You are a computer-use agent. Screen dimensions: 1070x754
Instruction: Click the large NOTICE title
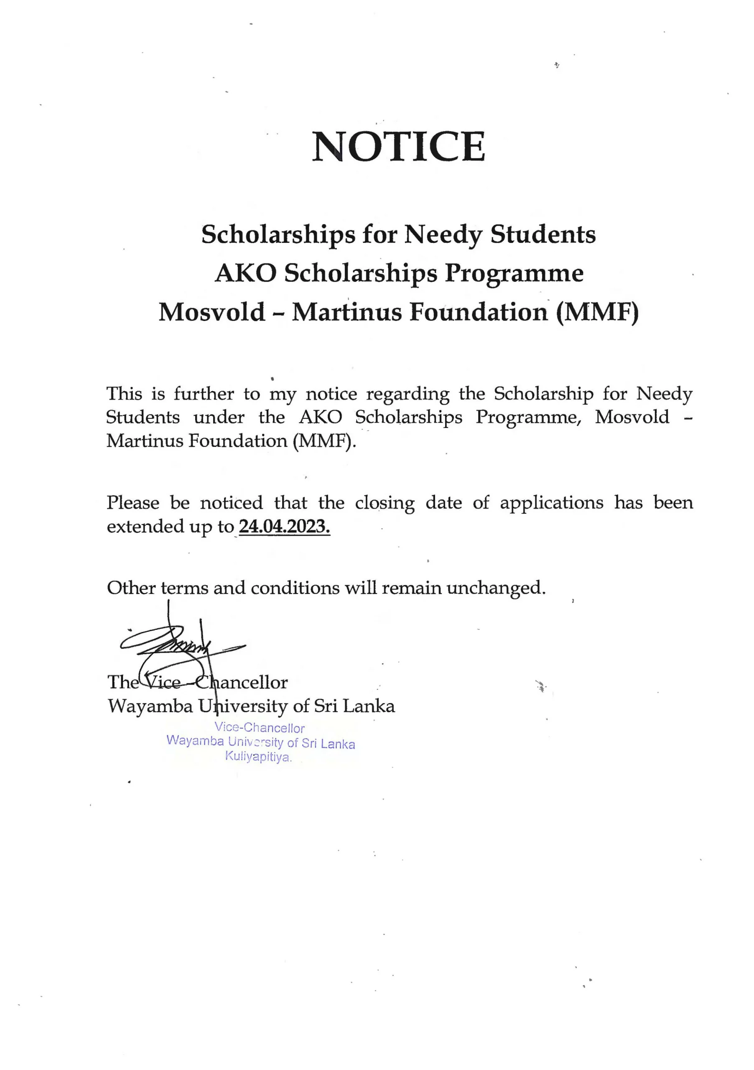tap(398, 146)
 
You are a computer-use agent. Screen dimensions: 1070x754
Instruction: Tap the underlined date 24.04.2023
tap(284, 527)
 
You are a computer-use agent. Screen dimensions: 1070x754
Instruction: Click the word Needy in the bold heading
tap(443, 234)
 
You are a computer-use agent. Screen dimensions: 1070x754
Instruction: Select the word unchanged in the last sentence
tap(496, 588)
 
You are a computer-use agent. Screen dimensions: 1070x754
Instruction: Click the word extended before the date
tap(145, 527)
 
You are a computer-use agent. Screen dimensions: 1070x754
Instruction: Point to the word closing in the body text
tap(385, 503)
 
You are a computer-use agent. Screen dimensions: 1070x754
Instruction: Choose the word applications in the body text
tap(551, 503)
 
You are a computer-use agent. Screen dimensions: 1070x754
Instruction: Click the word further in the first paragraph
tap(204, 394)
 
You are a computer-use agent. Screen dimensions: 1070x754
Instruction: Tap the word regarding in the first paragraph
tap(408, 395)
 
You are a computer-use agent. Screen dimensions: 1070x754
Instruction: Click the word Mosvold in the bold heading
tap(211, 312)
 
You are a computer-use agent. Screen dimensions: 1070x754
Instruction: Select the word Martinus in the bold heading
tap(347, 312)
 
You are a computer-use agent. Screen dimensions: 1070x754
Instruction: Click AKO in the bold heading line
tap(246, 273)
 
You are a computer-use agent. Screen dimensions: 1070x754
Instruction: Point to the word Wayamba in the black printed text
tap(150, 706)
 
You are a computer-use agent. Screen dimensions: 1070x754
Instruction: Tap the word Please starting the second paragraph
tap(133, 503)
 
